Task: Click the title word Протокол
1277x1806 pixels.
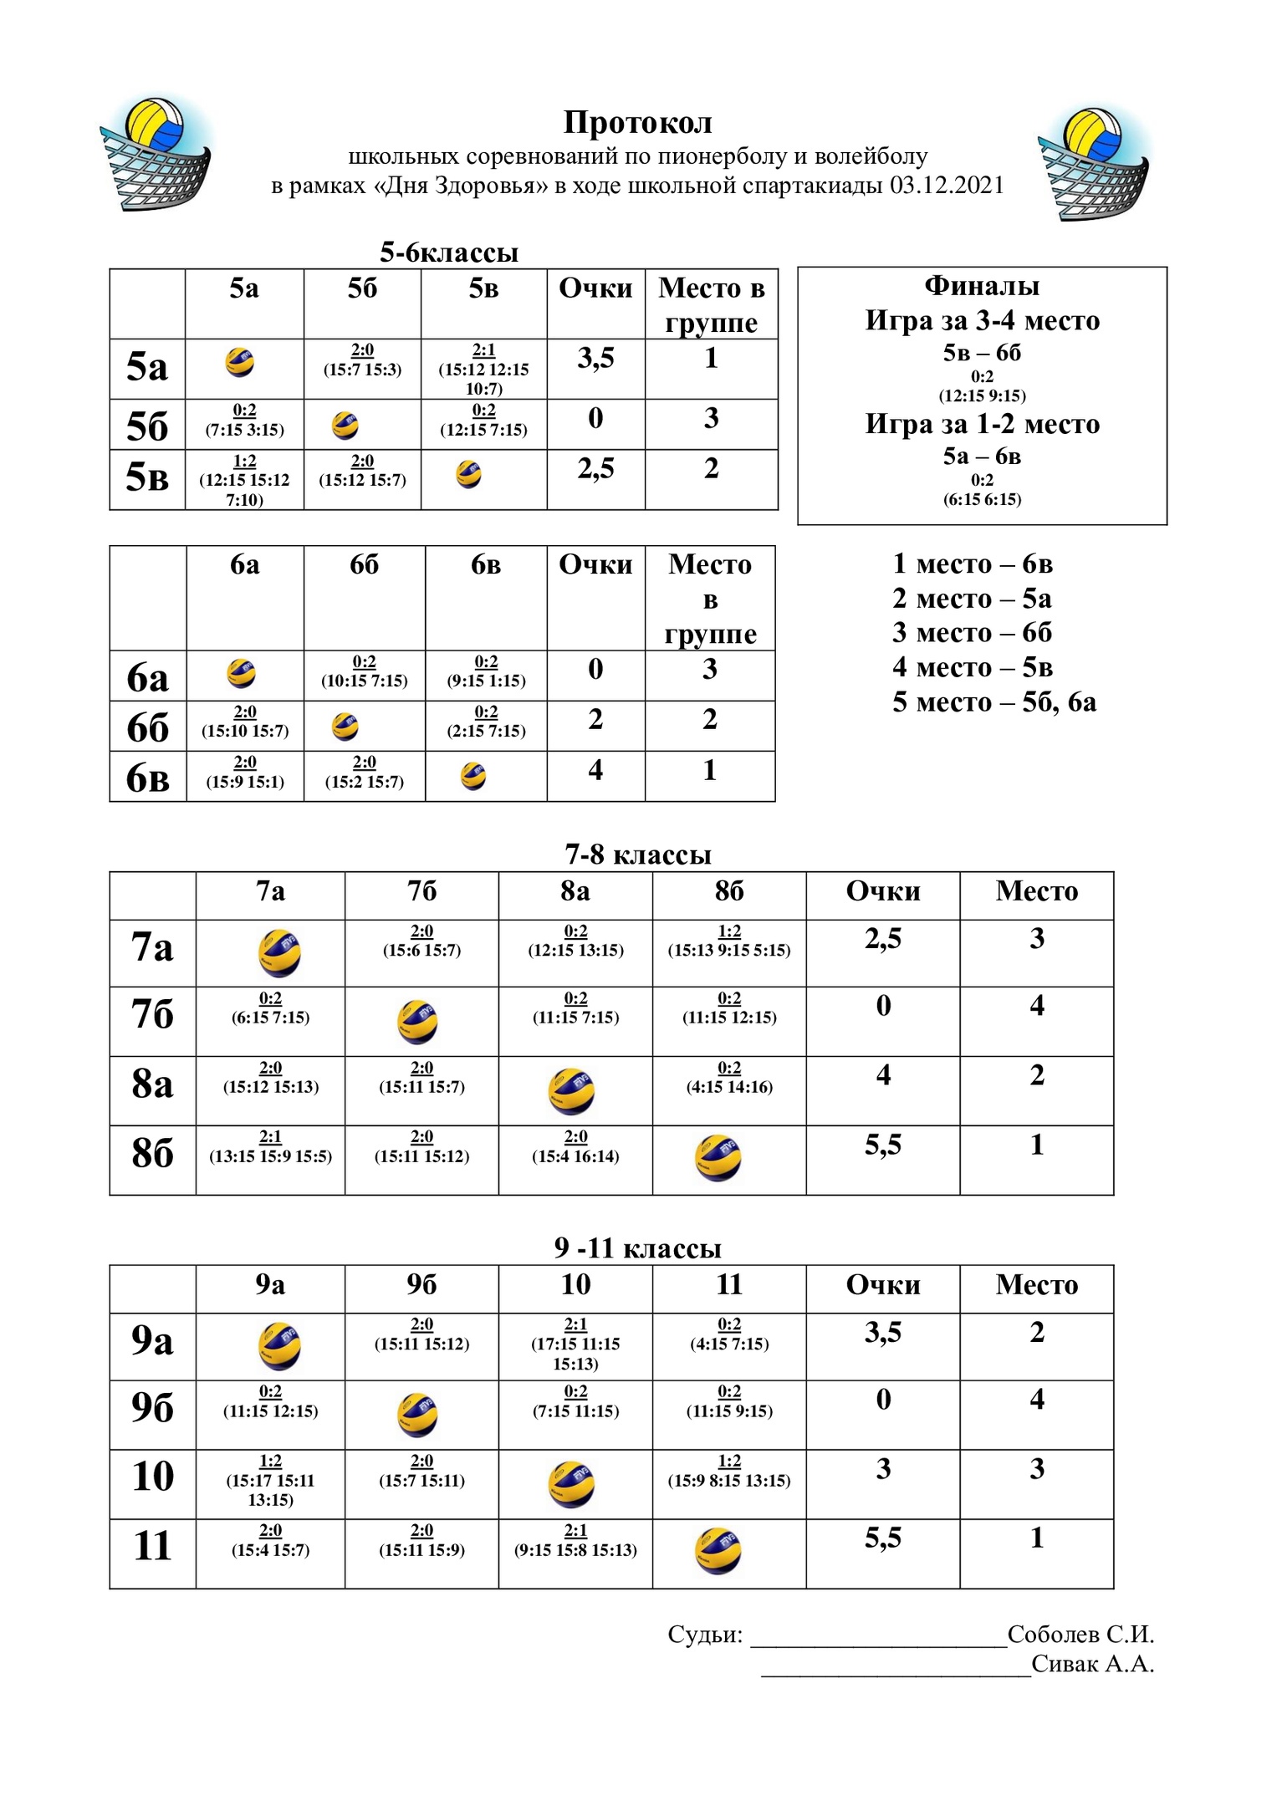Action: click(x=637, y=123)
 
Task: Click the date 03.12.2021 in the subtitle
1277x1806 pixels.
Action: click(x=946, y=185)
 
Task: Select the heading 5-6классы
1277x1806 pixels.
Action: click(x=449, y=252)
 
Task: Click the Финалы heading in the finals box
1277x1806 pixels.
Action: click(x=982, y=287)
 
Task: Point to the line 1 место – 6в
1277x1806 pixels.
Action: click(x=972, y=564)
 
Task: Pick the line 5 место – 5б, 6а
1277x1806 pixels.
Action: click(x=994, y=701)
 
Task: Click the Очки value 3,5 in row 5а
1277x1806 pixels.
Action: click(x=595, y=359)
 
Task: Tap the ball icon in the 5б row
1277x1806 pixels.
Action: click(x=345, y=426)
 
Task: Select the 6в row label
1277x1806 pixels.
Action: click(x=147, y=778)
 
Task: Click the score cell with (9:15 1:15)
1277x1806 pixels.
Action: click(x=486, y=673)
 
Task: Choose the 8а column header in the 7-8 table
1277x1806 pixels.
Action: click(x=575, y=891)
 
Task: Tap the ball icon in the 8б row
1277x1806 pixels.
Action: click(x=718, y=1159)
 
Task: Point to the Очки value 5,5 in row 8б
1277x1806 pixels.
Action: click(x=883, y=1145)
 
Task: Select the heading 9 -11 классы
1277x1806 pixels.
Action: click(x=637, y=1248)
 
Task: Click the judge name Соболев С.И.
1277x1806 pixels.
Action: click(x=1080, y=1635)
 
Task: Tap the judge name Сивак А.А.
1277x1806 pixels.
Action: click(x=1092, y=1664)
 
